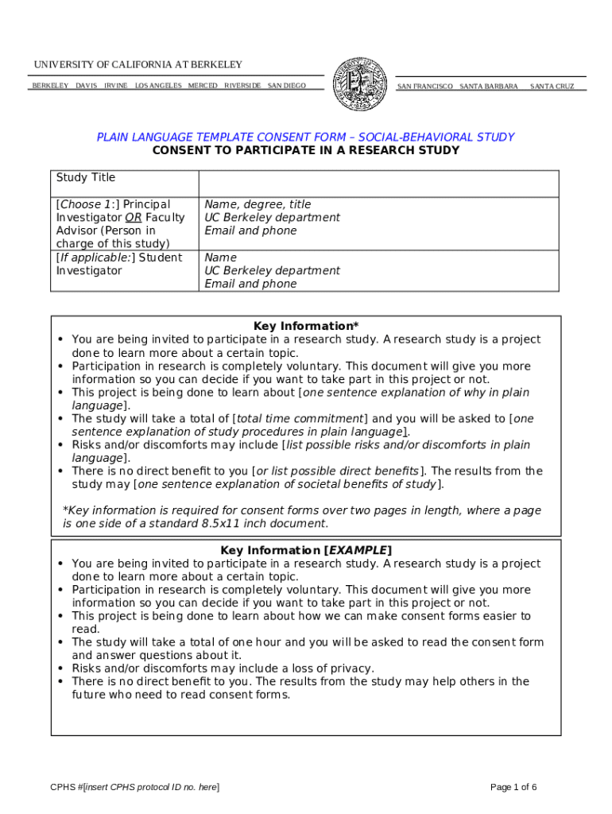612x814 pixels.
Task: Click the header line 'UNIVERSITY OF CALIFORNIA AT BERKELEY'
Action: point(138,64)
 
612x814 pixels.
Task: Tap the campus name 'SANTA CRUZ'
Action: point(552,86)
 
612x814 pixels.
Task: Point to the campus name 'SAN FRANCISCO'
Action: point(424,86)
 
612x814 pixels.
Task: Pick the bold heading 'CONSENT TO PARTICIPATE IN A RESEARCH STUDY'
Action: point(305,150)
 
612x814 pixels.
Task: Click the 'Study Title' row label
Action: point(86,177)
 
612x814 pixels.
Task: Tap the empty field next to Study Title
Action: point(378,183)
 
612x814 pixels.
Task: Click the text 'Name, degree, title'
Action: point(258,204)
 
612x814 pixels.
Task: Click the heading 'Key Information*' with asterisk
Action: point(306,326)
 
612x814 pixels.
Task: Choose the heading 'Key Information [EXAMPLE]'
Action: point(306,550)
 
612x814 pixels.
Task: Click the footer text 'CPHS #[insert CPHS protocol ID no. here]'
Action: point(134,787)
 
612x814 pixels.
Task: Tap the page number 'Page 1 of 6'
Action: point(513,787)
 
